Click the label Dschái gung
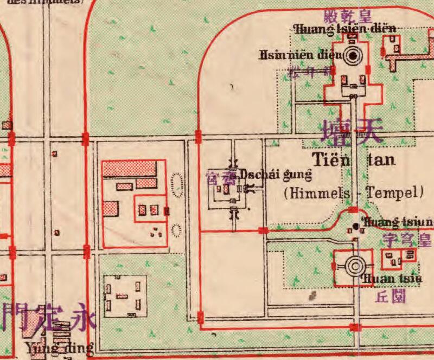click(276, 175)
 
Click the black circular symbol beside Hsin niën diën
click(354, 55)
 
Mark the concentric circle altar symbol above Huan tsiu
click(355, 266)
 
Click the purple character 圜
click(400, 297)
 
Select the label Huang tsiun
click(397, 222)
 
